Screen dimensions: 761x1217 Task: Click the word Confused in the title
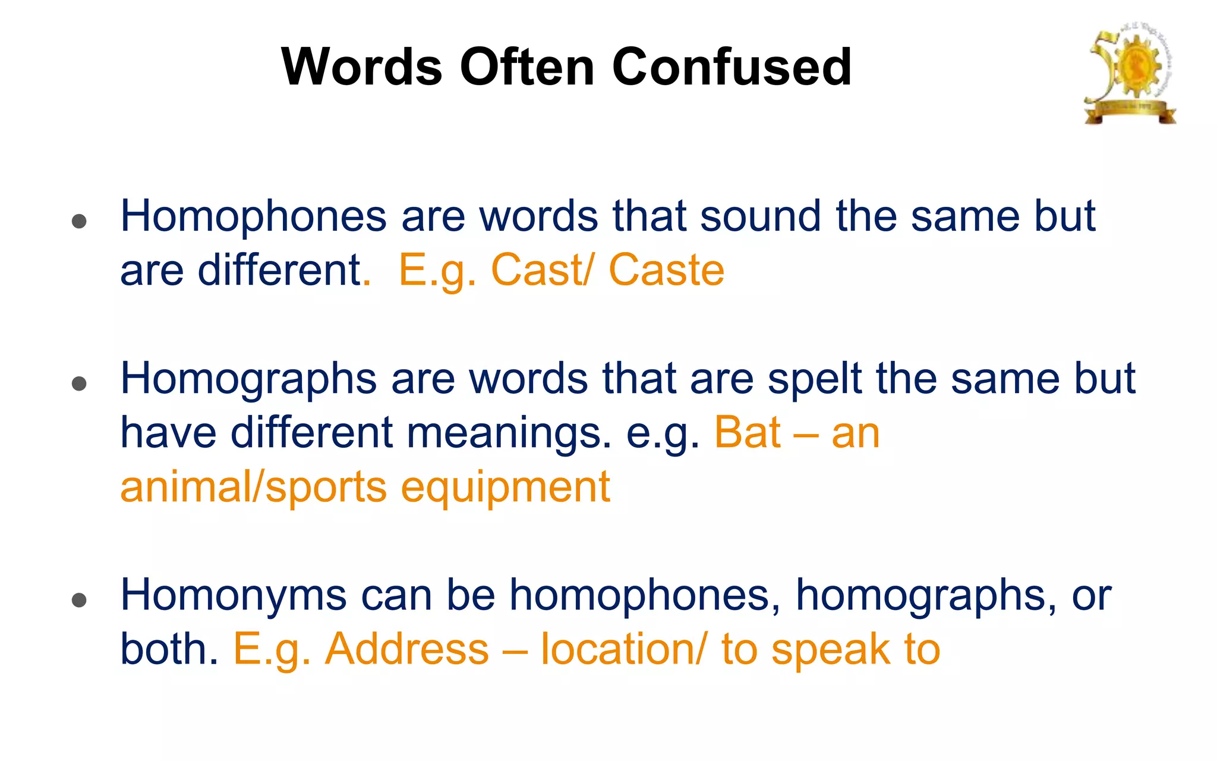[x=732, y=67]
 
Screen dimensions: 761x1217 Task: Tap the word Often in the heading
[x=526, y=67]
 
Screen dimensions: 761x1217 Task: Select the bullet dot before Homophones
[x=79, y=222]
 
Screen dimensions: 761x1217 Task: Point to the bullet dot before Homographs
[x=79, y=384]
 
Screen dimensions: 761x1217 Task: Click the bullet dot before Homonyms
[x=79, y=600]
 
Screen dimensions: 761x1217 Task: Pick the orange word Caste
[x=666, y=271]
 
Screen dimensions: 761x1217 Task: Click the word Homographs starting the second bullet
[x=248, y=379]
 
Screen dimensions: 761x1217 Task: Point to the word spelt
[x=815, y=379]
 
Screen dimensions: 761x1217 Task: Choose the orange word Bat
[x=747, y=433]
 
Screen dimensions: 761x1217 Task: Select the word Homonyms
[x=234, y=595]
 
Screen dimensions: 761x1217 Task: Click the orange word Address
[x=407, y=649]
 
